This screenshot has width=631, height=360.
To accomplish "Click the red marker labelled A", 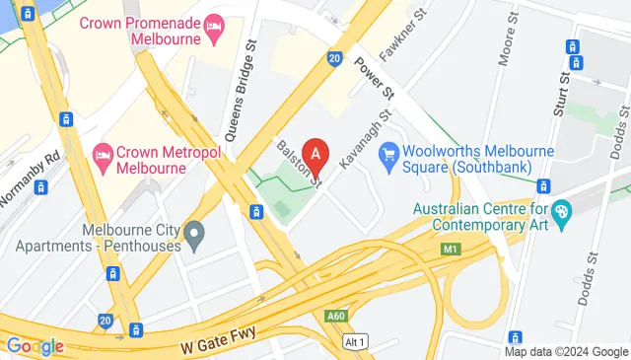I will tap(315, 155).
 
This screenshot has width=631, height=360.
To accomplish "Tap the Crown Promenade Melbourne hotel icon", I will tap(212, 36).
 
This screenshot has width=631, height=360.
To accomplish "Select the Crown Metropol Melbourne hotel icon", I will tap(103, 154).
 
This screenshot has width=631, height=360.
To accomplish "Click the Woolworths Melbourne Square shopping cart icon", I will tap(388, 153).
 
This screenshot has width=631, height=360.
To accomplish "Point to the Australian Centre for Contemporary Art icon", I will tap(561, 209).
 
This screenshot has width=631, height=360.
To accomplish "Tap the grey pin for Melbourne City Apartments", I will tap(195, 236).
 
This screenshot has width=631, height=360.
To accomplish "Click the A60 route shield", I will tap(336, 316).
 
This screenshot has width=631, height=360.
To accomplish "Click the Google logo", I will tap(35, 346).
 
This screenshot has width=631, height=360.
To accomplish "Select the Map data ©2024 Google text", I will tap(566, 351).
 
